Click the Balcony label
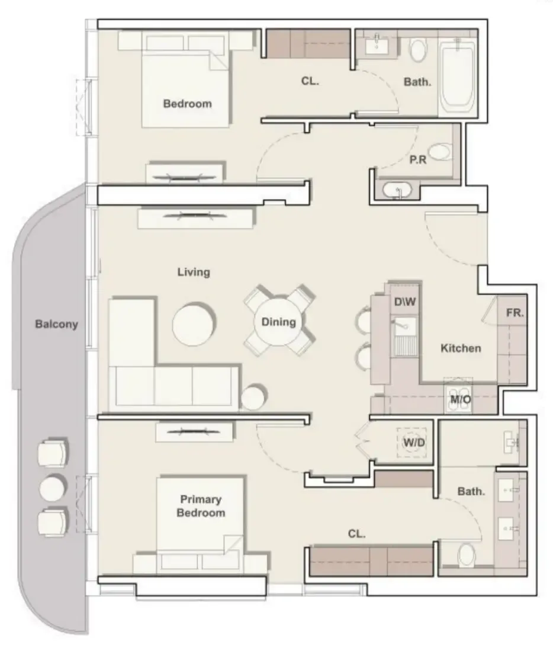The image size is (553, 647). pyautogui.click(x=56, y=324)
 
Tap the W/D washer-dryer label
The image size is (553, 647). pyautogui.click(x=414, y=443)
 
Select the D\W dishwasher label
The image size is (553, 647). pyautogui.click(x=404, y=302)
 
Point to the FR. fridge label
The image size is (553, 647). pyautogui.click(x=515, y=313)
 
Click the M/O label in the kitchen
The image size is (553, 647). pyautogui.click(x=460, y=399)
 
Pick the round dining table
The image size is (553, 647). pyautogui.click(x=278, y=322)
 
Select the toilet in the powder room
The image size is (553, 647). pyautogui.click(x=439, y=152)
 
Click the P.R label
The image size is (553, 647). pyautogui.click(x=418, y=159)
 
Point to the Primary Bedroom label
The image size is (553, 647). pyautogui.click(x=201, y=506)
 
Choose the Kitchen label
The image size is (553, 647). pyautogui.click(x=461, y=348)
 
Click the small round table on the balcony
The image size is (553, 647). pyautogui.click(x=52, y=488)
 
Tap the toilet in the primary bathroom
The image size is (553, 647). pyautogui.click(x=467, y=555)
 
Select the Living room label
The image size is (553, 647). pyautogui.click(x=194, y=272)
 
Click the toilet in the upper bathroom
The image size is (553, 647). pyautogui.click(x=418, y=50)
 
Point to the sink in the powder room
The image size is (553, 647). pyautogui.click(x=397, y=190)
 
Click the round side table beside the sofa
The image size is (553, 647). pyautogui.click(x=253, y=398)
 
